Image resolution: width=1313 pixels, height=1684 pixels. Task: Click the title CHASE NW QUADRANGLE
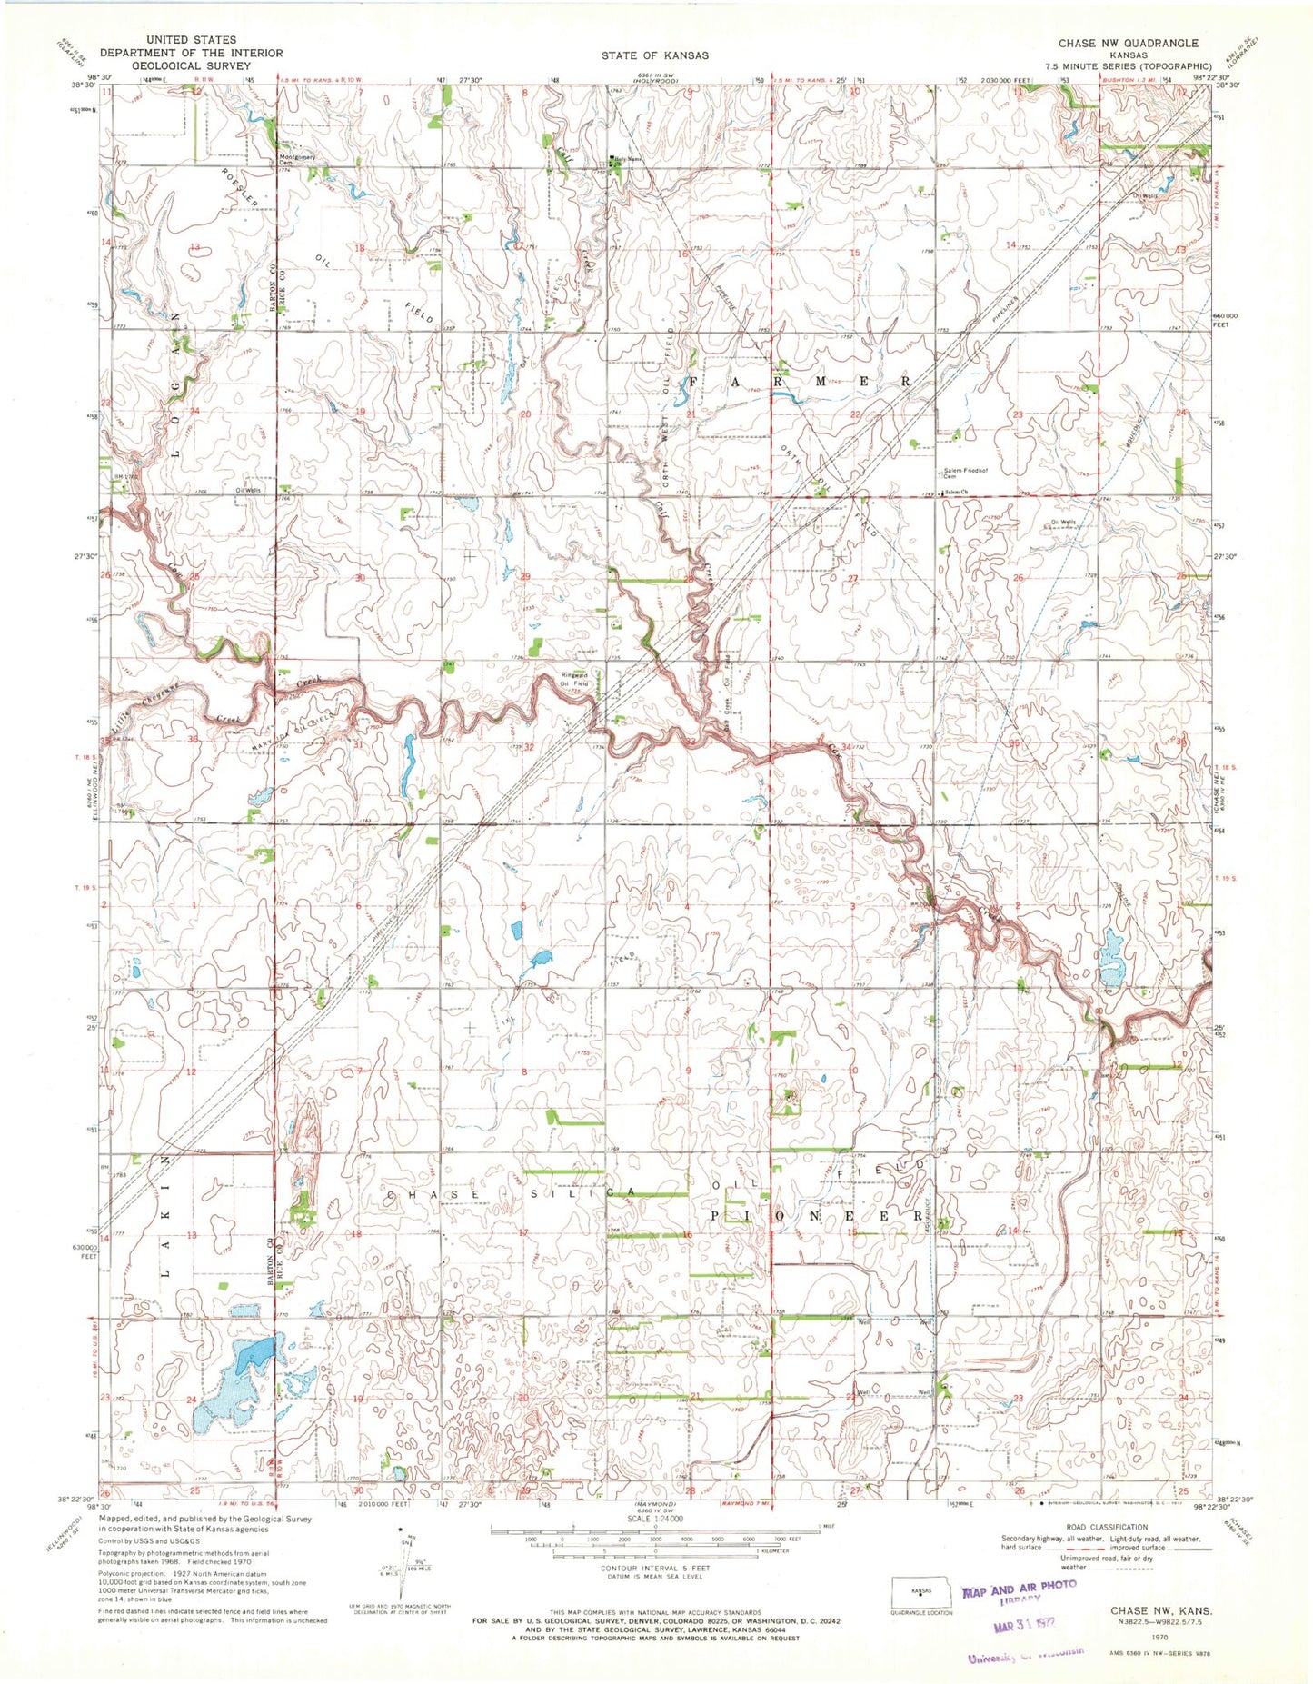click(x=1128, y=43)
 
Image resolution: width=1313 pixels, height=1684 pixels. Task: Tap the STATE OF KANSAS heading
click(x=654, y=55)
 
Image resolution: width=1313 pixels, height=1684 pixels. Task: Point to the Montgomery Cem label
click(x=297, y=159)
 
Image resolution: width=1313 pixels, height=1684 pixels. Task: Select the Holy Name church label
click(x=628, y=161)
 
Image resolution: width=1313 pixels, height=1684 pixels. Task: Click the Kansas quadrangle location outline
click(x=920, y=1591)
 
